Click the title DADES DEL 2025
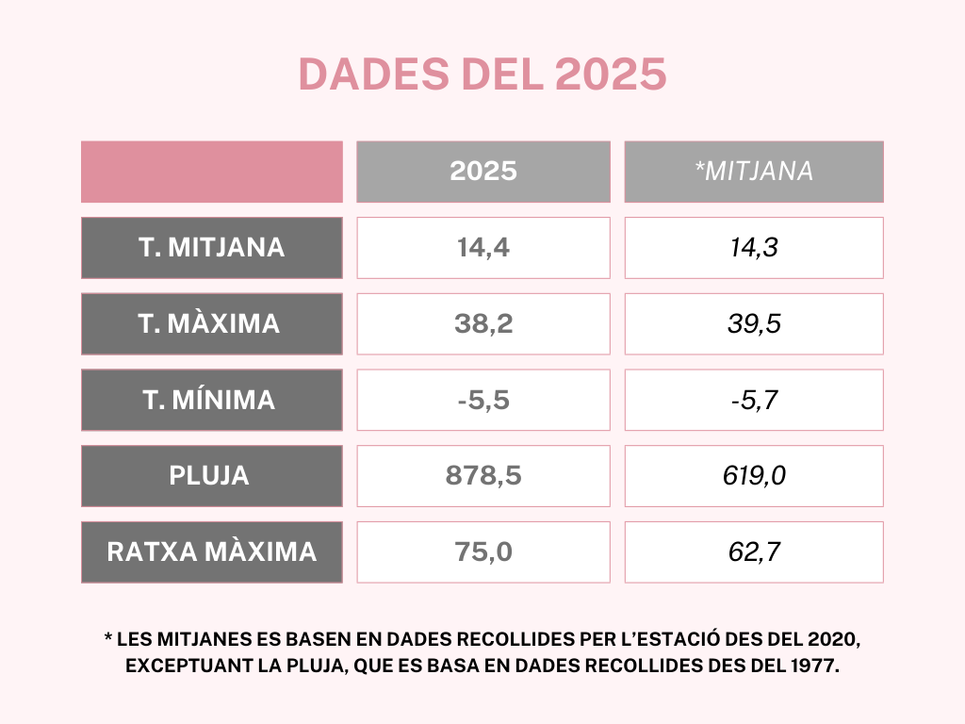[x=482, y=74]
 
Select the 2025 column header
[x=483, y=172]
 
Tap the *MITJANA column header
[x=754, y=172]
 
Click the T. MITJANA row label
[x=212, y=248]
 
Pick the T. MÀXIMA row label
[x=212, y=324]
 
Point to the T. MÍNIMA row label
[x=212, y=400]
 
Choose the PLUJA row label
[x=212, y=476]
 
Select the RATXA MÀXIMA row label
[x=212, y=552]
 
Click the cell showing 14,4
[x=483, y=248]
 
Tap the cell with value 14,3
[x=754, y=248]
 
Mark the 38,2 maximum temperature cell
[x=483, y=324]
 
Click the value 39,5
[x=754, y=324]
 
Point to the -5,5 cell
[x=483, y=400]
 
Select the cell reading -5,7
[x=754, y=400]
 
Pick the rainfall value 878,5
[x=483, y=476]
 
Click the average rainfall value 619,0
[x=754, y=476]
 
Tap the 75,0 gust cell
[x=483, y=552]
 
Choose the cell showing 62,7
[x=754, y=552]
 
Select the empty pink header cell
[x=212, y=172]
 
